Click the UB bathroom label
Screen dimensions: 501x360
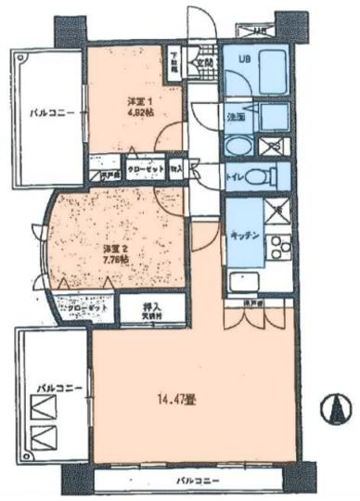(244, 61)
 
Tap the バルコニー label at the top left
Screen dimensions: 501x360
(46, 116)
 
